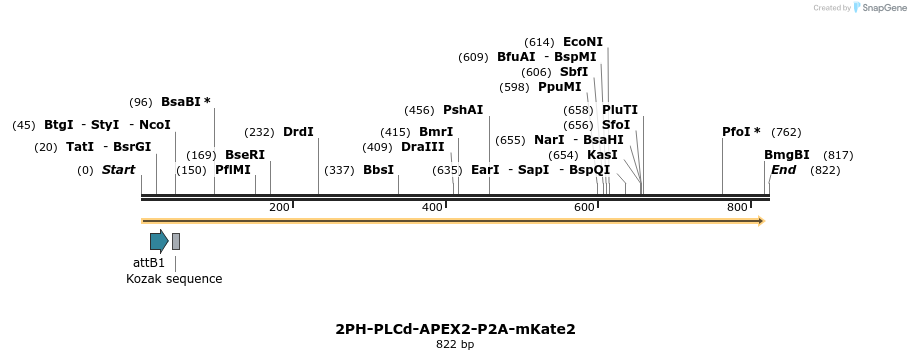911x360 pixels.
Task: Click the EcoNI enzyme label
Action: [583, 42]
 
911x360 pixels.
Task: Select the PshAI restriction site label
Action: [463, 110]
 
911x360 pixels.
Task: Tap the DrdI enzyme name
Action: [298, 132]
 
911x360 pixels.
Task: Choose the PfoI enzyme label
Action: [741, 132]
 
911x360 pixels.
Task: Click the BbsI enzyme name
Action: [378, 170]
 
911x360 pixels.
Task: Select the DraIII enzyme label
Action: [422, 147]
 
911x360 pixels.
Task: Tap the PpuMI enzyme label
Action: [559, 87]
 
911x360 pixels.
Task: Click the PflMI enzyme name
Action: [233, 170]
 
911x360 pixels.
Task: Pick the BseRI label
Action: [245, 155]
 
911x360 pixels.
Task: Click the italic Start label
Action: [118, 170]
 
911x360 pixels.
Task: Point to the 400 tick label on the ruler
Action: [432, 207]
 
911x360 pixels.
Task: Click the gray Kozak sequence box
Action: [176, 241]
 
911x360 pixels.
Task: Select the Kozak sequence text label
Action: [174, 279]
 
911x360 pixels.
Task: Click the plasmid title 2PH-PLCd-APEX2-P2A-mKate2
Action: [455, 329]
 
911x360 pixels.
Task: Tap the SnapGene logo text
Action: [881, 7]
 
